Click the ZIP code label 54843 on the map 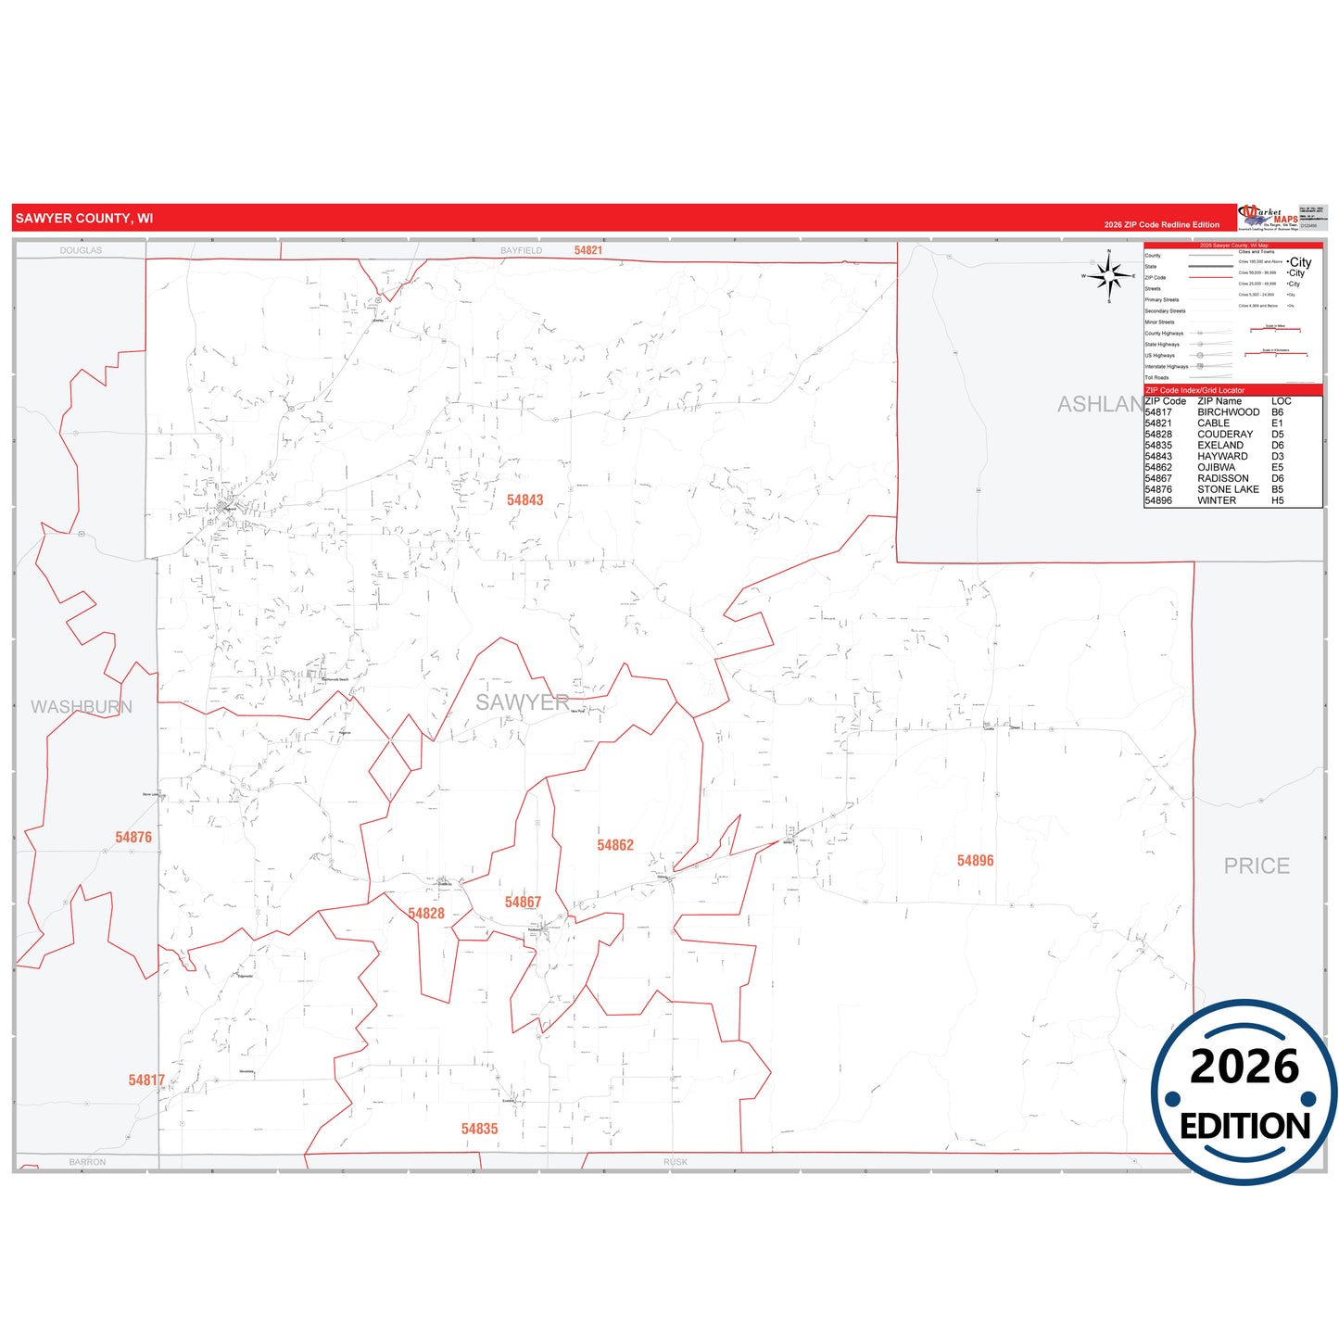click(524, 500)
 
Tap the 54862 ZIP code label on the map click(615, 845)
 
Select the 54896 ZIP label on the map click(975, 861)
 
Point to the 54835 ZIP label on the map click(479, 1129)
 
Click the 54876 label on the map click(133, 838)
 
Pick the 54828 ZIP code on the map click(426, 914)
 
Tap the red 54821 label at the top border click(588, 250)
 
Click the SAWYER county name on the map click(523, 702)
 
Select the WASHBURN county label click(82, 707)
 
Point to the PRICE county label click(1257, 865)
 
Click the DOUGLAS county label click(81, 250)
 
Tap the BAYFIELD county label click(521, 250)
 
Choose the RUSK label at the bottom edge click(676, 1162)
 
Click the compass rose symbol click(1109, 276)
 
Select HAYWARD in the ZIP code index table click(1222, 456)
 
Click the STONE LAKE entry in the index click(1228, 489)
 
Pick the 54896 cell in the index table click(1158, 500)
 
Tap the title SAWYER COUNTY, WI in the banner click(84, 219)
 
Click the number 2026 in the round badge click(1244, 1067)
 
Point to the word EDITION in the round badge click(1244, 1126)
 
